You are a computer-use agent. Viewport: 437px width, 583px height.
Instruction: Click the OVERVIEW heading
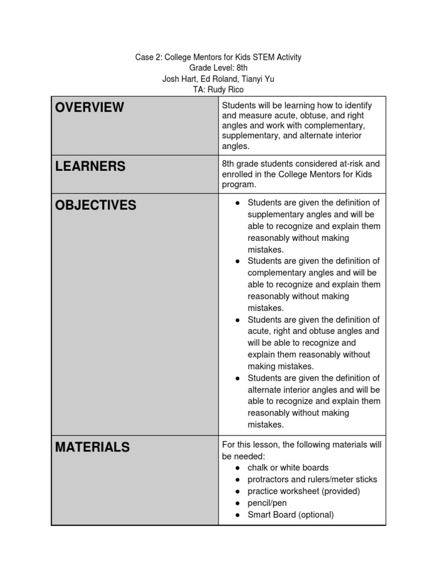tap(89, 107)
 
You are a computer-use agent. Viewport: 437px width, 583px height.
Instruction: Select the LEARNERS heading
tap(90, 166)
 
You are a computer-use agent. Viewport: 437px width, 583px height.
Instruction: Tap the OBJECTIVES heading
tap(96, 205)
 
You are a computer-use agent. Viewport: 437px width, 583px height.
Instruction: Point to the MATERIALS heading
tap(92, 447)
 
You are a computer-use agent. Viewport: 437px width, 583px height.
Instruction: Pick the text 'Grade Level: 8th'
tap(218, 68)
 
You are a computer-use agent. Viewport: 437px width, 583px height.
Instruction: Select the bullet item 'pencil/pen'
tap(267, 503)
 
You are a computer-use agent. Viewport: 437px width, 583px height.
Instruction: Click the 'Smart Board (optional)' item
tap(290, 515)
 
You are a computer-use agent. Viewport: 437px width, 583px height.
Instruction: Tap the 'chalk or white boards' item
tap(288, 468)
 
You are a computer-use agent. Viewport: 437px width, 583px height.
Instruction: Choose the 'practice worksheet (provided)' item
tap(304, 491)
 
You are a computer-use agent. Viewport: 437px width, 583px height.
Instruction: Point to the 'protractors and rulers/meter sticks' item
tap(312, 479)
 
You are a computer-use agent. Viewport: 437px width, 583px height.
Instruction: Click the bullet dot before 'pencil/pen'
tap(237, 503)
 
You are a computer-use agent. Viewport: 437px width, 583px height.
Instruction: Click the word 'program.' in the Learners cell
tap(239, 185)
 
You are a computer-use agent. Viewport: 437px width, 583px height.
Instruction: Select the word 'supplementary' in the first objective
tap(274, 215)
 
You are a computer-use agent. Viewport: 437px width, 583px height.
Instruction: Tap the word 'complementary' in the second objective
tap(274, 273)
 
